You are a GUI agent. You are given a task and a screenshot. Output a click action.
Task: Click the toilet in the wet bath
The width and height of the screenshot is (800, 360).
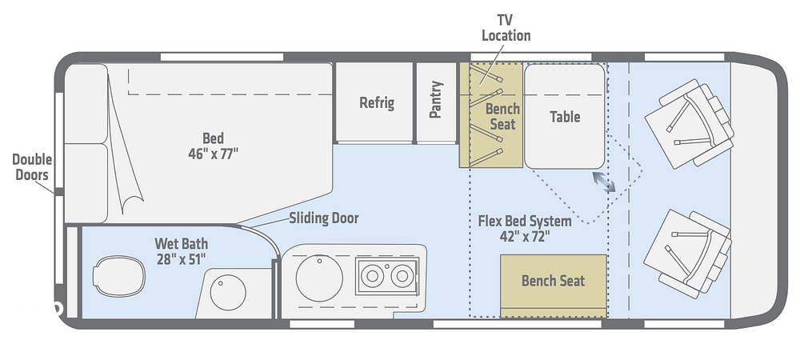pos(119,276)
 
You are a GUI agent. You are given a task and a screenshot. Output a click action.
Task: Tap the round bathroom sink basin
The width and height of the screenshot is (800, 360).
pos(228,292)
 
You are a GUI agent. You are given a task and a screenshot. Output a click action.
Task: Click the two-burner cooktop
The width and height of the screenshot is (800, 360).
pos(387,276)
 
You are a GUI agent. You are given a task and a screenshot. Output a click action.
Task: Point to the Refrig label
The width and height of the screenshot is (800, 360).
pos(377,102)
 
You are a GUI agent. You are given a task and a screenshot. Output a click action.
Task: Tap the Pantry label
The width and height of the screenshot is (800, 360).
pos(435,99)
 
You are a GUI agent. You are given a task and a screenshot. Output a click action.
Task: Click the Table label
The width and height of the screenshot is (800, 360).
pos(565,117)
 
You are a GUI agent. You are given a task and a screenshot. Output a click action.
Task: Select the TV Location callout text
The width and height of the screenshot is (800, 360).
pos(506,27)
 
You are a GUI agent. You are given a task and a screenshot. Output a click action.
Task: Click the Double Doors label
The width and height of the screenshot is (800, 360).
pos(32,166)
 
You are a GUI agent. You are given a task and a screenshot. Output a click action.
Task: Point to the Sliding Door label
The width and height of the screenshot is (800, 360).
pos(324,218)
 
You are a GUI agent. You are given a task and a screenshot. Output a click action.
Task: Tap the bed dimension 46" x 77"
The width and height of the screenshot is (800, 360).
pos(214,154)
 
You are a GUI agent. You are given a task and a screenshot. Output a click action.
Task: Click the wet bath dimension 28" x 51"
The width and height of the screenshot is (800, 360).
pos(181,259)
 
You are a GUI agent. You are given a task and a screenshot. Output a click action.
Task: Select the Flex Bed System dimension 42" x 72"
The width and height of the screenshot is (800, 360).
pos(525,237)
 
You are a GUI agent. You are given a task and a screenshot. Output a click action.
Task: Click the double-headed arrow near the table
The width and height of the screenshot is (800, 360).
pos(604,182)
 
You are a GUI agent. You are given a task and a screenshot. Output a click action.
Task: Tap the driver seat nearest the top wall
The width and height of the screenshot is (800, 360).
pos(690,124)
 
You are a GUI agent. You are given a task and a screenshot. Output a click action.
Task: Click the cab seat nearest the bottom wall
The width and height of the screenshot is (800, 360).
pos(687,254)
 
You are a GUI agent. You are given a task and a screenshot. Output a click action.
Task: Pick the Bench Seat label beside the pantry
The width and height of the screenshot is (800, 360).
pos(502,116)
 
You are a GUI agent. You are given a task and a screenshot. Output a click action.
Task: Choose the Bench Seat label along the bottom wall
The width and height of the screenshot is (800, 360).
pos(553,281)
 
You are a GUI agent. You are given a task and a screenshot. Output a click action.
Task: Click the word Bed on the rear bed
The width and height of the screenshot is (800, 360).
pos(214,138)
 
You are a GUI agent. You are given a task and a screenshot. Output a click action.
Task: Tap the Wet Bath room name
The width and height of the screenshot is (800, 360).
pos(181,244)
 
